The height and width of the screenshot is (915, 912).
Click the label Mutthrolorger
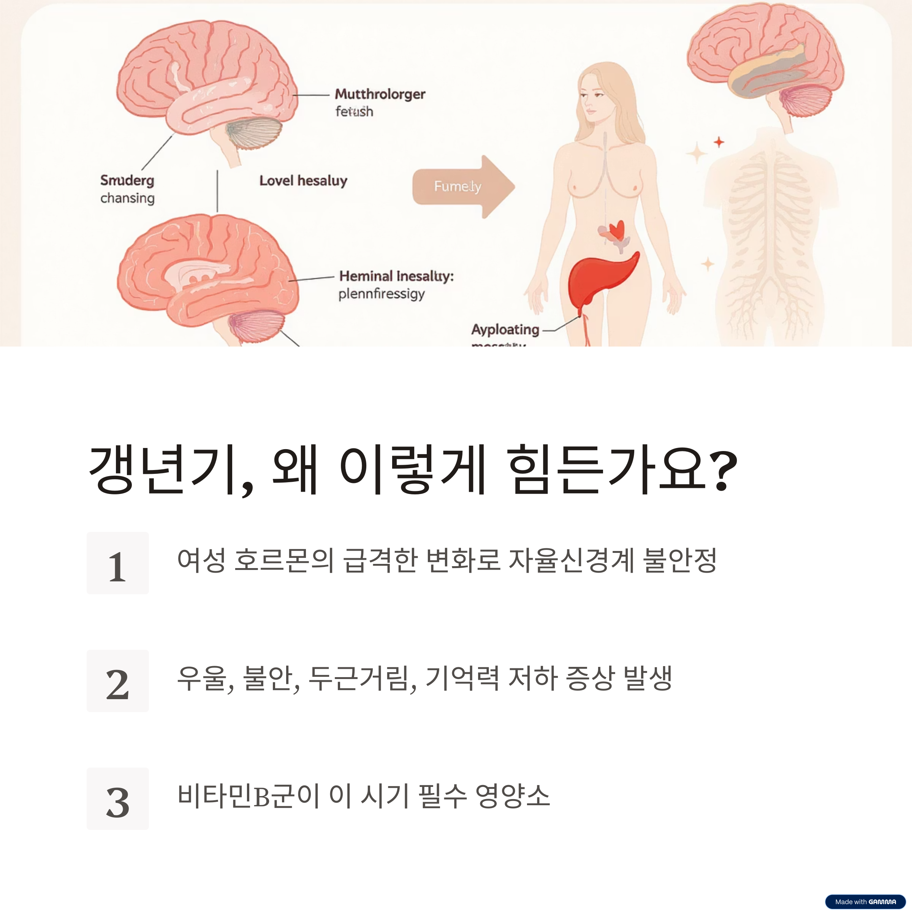coord(380,94)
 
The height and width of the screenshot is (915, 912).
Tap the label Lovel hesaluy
coord(303,180)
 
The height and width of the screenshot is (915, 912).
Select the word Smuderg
coord(127,180)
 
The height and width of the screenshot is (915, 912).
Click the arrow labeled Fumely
coord(462,187)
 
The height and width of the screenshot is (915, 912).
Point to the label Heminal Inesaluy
coord(396,276)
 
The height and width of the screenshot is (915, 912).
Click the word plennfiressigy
coord(381,294)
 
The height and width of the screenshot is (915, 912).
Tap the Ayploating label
coord(505,329)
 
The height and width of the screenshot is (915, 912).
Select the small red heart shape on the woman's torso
coord(616,230)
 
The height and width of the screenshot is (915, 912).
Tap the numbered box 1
coord(117,563)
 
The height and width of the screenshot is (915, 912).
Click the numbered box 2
coord(117,681)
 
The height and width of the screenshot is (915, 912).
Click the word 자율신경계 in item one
coord(571,560)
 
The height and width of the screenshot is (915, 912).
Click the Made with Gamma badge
coord(865,902)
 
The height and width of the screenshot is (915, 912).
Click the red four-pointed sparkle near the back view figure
coord(719,142)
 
